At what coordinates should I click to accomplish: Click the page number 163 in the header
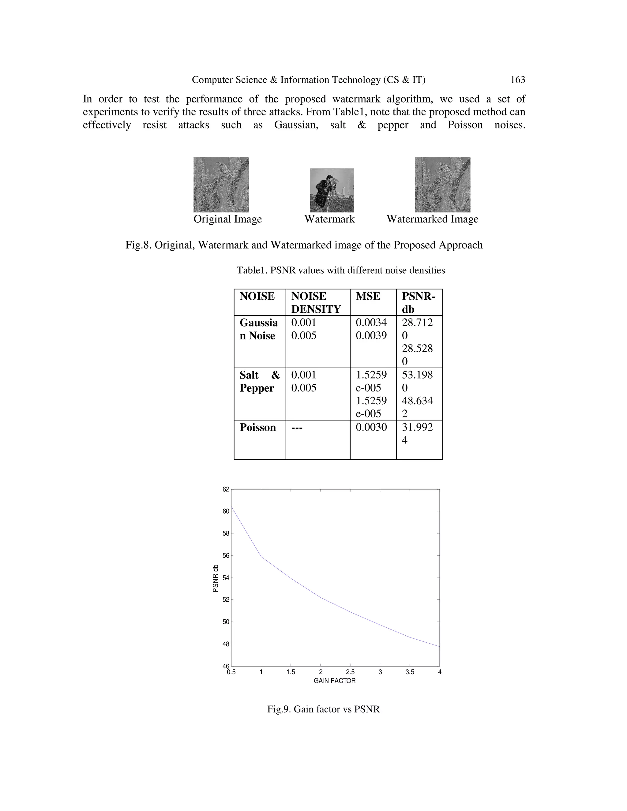(x=517, y=80)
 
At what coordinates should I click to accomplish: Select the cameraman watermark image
(x=332, y=190)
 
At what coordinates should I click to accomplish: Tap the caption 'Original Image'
(x=228, y=219)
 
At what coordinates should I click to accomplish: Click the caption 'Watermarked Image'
(x=432, y=219)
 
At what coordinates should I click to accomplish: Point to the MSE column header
(x=368, y=296)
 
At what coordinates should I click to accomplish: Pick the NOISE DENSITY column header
(x=316, y=303)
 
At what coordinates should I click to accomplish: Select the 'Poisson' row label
(x=257, y=428)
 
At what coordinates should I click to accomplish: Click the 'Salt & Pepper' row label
(x=259, y=381)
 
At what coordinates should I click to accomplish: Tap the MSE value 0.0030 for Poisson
(x=371, y=428)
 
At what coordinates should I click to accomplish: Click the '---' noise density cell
(x=296, y=428)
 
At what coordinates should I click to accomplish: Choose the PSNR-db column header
(x=418, y=303)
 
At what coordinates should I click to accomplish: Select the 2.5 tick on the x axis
(x=350, y=672)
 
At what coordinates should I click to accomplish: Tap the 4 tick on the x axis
(x=439, y=672)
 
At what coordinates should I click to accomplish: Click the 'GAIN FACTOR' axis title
(x=335, y=681)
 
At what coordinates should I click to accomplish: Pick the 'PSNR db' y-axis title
(x=216, y=578)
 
